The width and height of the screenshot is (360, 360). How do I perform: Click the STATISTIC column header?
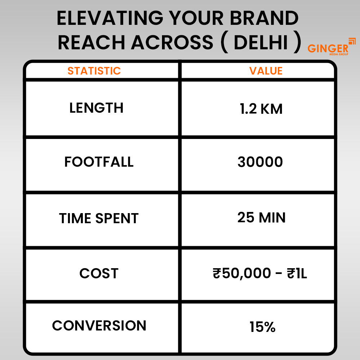coord(94,71)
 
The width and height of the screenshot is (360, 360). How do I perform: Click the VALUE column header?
coord(266,71)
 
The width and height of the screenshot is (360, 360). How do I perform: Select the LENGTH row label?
coord(96,108)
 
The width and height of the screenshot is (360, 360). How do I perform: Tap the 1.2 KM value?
coord(261,109)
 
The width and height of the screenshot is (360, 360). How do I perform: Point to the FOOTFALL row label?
coord(99,162)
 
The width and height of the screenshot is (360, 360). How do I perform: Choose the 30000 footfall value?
coord(260,162)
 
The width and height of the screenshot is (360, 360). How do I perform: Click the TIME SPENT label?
coord(99,219)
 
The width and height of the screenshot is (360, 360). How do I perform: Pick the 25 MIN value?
coord(261,217)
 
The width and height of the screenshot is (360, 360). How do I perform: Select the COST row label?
coord(99,274)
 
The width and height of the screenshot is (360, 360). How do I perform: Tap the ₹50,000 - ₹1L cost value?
coord(260,274)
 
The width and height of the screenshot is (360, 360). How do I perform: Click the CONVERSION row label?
coord(99,325)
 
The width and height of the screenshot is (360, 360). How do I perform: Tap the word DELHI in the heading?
coord(261,43)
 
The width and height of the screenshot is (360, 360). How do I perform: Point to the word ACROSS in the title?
coord(172,43)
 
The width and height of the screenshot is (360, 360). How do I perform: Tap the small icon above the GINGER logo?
coord(352,41)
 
